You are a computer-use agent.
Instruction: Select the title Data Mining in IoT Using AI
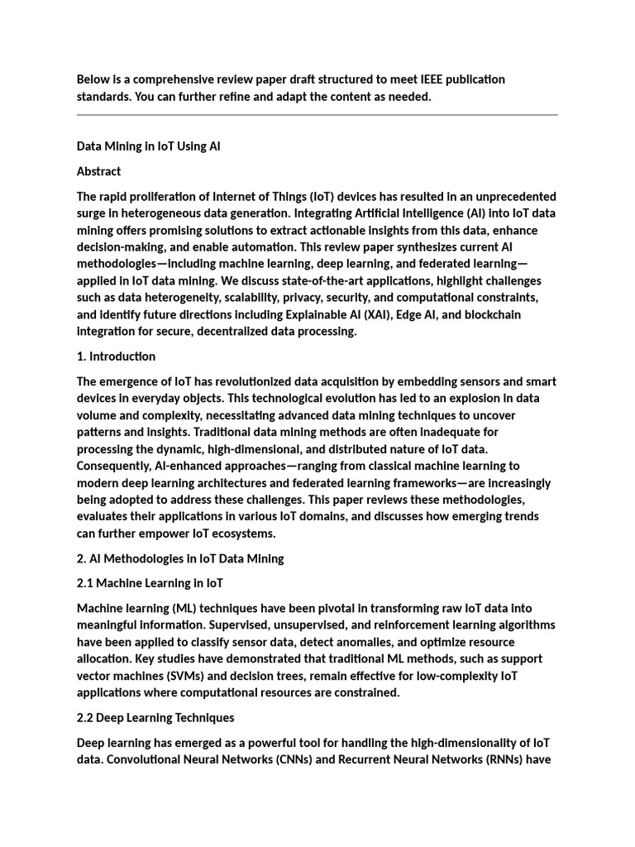148,146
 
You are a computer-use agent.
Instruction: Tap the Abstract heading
98,171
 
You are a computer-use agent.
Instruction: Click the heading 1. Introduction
116,357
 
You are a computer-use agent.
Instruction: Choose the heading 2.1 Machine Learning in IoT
150,583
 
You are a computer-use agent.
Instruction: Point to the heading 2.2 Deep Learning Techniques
155,717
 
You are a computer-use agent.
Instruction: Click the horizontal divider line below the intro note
317,115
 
